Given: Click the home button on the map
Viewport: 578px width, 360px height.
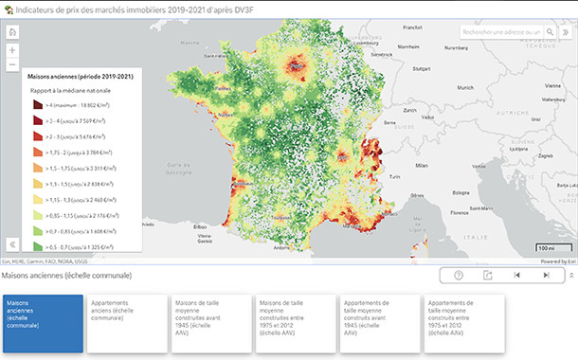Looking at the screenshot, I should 12,32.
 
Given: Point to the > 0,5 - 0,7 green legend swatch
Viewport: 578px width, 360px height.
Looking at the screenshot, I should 37,244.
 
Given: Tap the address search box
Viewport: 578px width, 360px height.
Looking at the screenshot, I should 501,31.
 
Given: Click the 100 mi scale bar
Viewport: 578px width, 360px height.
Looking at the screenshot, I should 547,248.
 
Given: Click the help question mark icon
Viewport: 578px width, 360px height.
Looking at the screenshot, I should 459,275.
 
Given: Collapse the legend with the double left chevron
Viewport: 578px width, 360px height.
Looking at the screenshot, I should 12,243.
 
